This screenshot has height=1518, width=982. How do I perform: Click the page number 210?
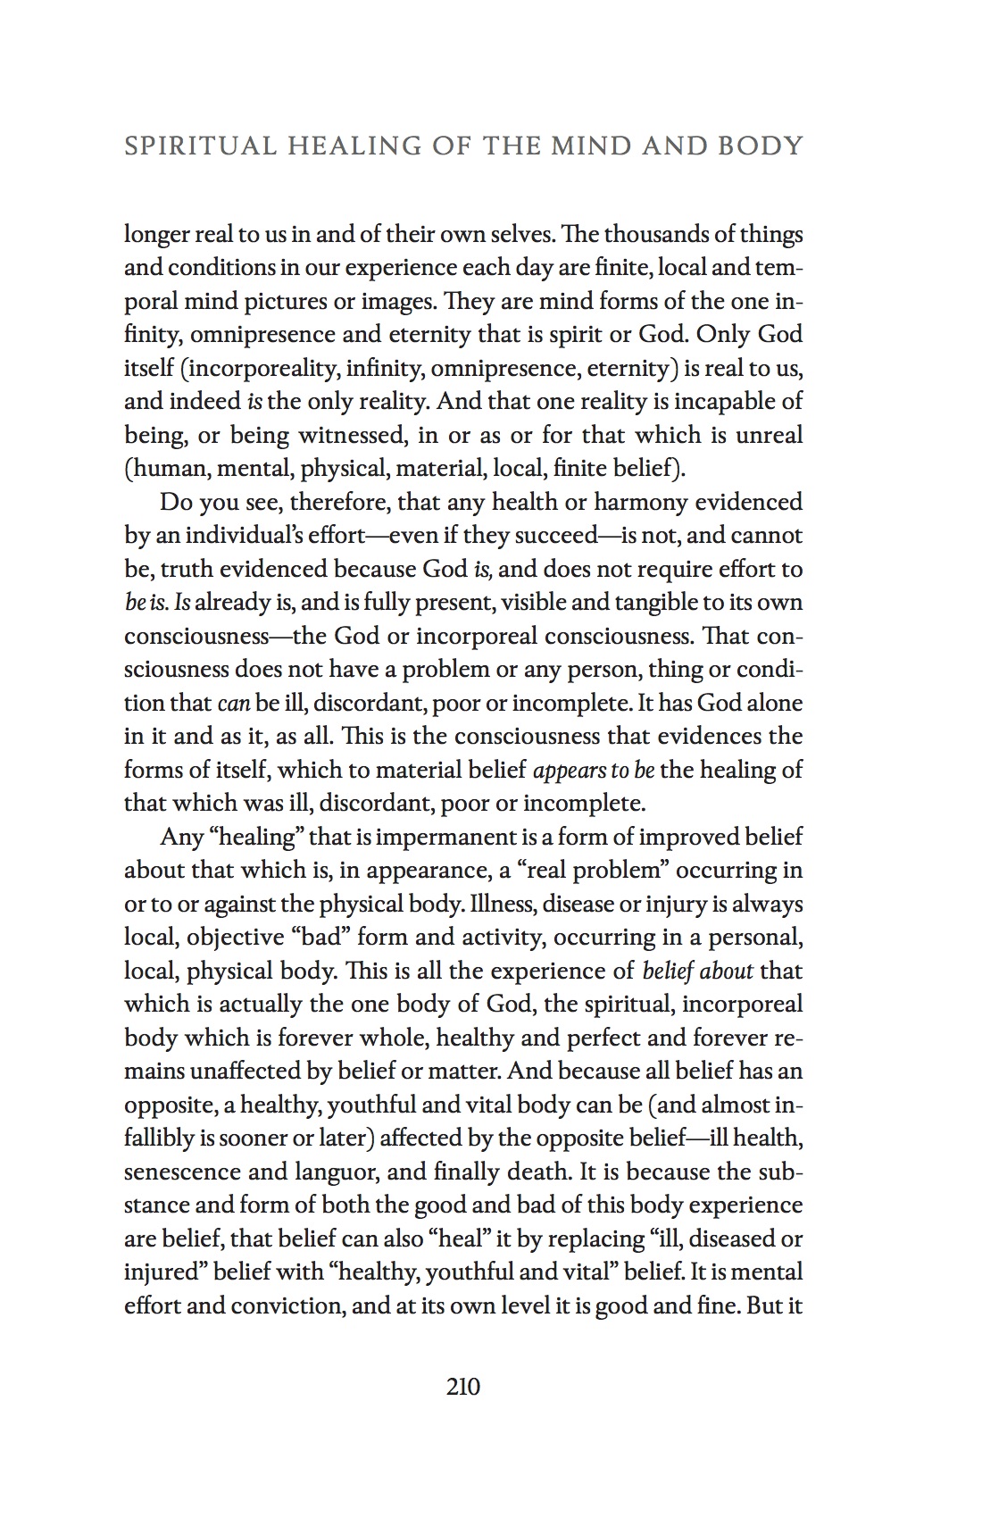[x=463, y=1387]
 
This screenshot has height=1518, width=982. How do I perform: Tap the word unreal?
[x=769, y=435]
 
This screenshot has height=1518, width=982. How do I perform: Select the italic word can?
[x=233, y=703]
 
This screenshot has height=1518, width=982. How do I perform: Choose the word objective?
[x=233, y=938]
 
